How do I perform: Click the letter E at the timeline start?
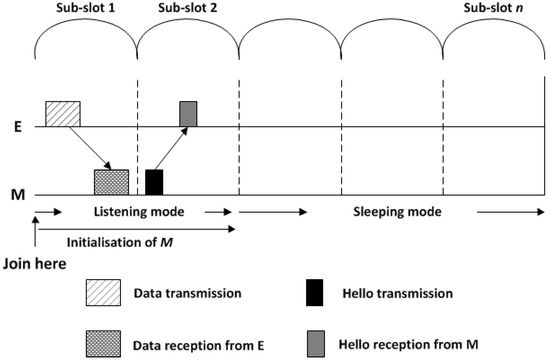pos(14,127)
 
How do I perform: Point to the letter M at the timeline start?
pos(14,192)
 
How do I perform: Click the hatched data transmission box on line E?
pos(63,114)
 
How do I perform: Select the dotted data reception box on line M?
pos(111,181)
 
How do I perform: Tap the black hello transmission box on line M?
pos(154,181)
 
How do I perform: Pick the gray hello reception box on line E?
pos(188,114)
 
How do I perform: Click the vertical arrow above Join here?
pos(36,240)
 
